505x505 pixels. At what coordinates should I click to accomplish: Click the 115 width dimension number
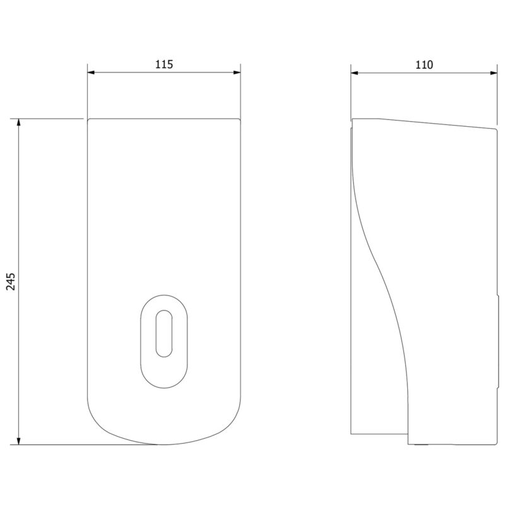pos(164,64)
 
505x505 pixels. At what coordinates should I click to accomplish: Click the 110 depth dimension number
pos(424,65)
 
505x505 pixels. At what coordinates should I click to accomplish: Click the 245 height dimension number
pos(11,282)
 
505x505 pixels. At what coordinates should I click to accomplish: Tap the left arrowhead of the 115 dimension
pos(91,73)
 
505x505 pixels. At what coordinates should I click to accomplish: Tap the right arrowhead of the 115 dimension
pos(237,73)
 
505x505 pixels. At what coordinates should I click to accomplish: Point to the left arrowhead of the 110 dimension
pos(354,73)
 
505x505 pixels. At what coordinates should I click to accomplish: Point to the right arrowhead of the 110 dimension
pos(494,73)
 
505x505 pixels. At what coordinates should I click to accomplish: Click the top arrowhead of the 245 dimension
pos(19,122)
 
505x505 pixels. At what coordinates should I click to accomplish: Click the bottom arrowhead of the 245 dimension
pos(19,441)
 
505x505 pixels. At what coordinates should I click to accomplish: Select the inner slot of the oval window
pos(164,334)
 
